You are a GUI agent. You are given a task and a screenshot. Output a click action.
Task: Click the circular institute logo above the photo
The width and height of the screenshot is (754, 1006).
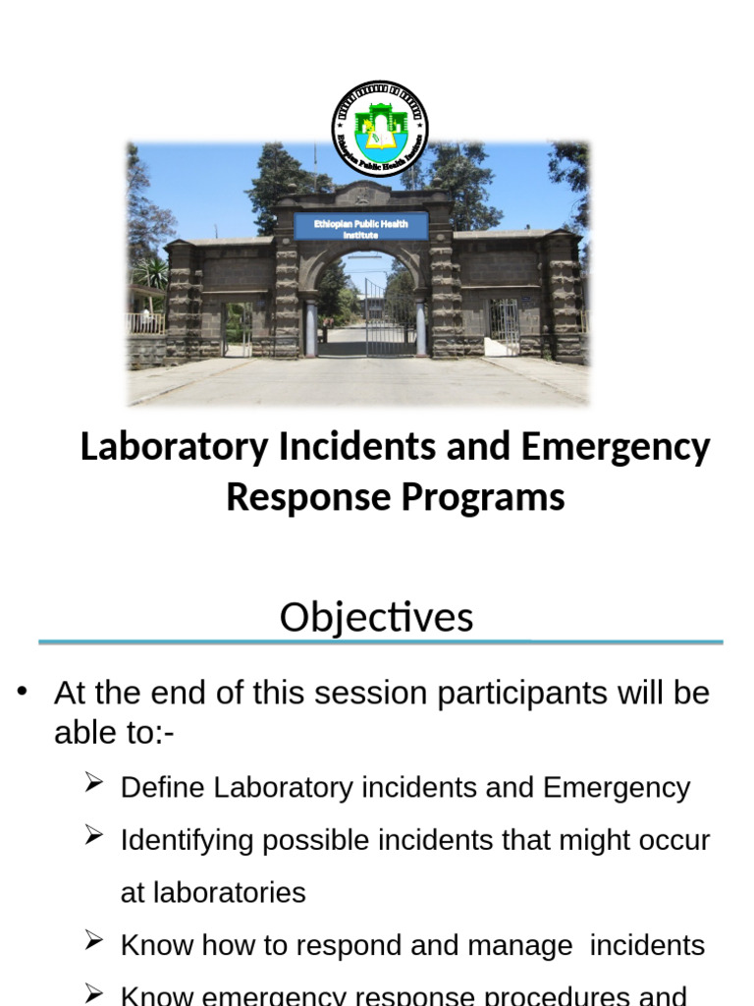click(379, 128)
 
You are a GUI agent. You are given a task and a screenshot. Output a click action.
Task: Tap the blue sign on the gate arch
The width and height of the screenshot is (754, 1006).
click(360, 228)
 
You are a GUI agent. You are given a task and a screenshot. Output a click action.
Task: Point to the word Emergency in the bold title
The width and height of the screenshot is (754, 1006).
click(615, 447)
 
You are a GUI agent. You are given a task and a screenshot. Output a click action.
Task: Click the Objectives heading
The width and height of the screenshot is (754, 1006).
click(376, 618)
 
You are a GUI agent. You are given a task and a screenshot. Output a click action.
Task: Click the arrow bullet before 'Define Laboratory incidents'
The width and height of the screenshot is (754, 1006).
click(94, 783)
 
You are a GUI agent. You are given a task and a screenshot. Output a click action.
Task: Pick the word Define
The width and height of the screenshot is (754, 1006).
click(163, 788)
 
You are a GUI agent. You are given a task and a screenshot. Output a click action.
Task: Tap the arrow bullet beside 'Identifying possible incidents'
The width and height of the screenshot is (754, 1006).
click(94, 836)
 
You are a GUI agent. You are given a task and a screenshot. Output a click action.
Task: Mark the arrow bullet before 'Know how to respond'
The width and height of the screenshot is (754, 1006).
click(94, 941)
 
